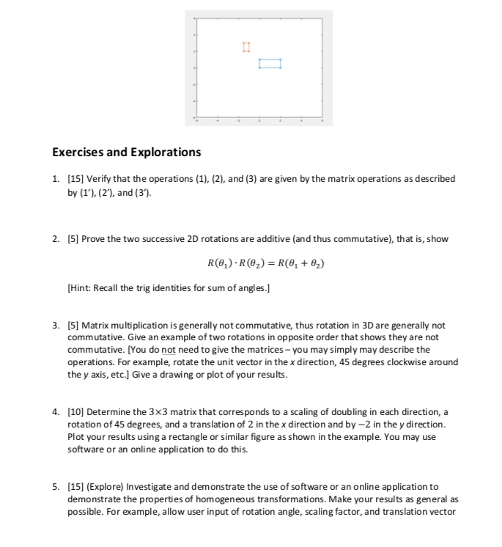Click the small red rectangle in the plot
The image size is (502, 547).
(246, 48)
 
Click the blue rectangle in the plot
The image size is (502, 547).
(270, 64)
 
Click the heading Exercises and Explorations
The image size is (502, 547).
(126, 153)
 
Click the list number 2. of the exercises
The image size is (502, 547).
(56, 239)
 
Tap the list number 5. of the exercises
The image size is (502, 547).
(56, 487)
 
